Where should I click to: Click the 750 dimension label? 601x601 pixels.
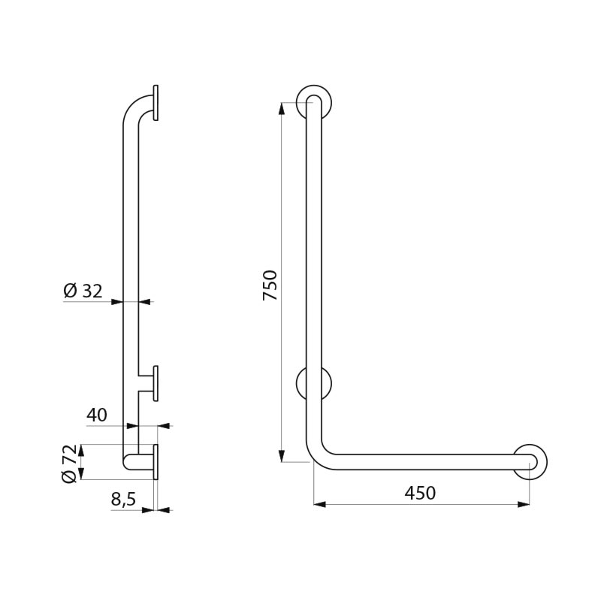pos(270,285)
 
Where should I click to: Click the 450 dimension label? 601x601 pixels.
pos(420,493)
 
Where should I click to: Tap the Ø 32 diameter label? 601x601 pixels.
pos(83,291)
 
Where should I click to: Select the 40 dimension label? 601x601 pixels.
pos(97,415)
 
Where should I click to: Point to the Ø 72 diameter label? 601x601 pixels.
pos(70,464)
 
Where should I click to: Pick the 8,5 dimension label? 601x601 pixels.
pos(123,500)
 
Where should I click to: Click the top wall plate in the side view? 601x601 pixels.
pos(156,103)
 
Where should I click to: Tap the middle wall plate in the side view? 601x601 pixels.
pos(156,383)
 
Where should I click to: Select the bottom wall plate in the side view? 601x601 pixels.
pos(156,462)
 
